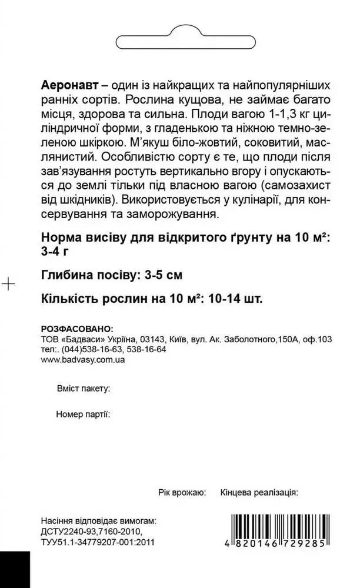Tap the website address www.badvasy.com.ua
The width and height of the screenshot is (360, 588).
pyautogui.click(x=82, y=359)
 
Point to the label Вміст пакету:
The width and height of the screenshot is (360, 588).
pyautogui.click(x=83, y=389)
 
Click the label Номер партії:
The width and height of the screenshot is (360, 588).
pyautogui.click(x=83, y=414)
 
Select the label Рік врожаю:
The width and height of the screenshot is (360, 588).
pyautogui.click(x=182, y=493)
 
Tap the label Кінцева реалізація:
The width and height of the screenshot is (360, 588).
pyautogui.click(x=259, y=493)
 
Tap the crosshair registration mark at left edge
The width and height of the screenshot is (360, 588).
pyautogui.click(x=8, y=284)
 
